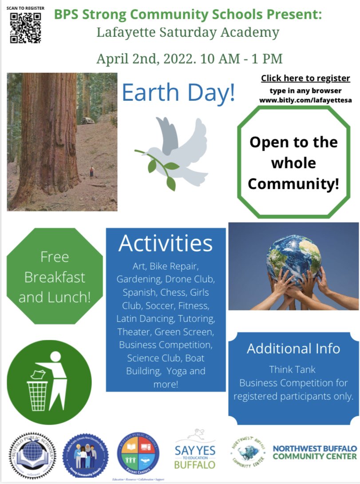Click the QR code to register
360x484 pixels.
point(26,28)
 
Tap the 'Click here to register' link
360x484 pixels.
point(305,79)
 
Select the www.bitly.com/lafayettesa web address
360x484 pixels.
point(305,100)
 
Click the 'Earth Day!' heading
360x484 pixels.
point(178,92)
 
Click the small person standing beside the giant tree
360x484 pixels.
point(92,171)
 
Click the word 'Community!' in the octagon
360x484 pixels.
point(293,184)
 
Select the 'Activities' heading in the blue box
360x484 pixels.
point(166,243)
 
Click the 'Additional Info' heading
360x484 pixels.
point(293,349)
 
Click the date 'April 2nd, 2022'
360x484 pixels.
point(146,58)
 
